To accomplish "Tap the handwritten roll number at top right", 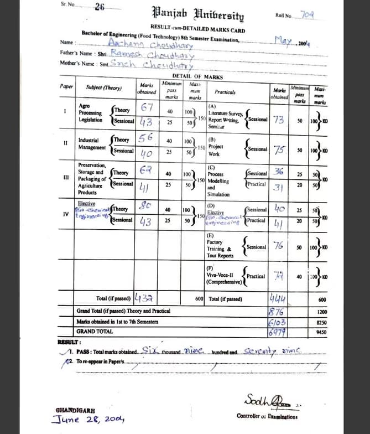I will tap(307, 14).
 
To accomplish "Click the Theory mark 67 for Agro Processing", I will tap(147, 107).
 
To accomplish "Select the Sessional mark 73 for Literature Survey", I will tap(279, 120).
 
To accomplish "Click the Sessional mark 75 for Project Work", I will tap(279, 149).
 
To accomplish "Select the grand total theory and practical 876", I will tap(277, 312).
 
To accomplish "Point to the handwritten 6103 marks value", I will tap(277, 322).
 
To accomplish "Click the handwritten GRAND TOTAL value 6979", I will tap(277, 332).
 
